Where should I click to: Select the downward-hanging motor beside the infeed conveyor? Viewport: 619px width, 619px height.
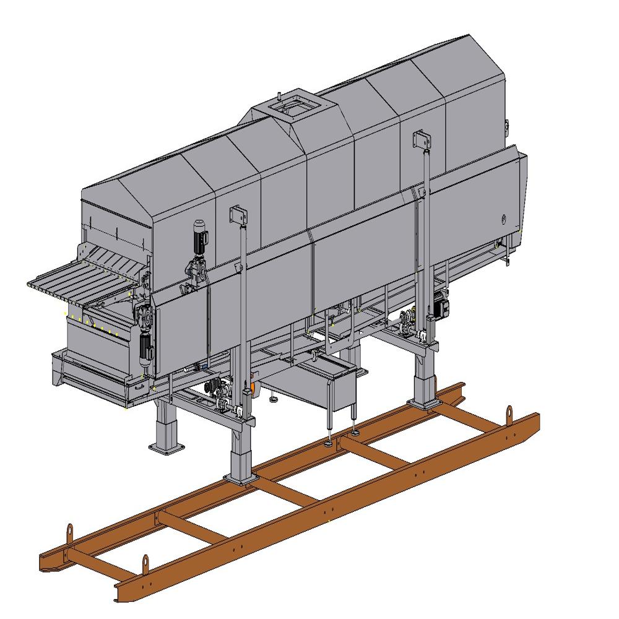coord(146,347)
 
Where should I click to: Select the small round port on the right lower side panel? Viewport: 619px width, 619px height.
coord(503,218)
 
